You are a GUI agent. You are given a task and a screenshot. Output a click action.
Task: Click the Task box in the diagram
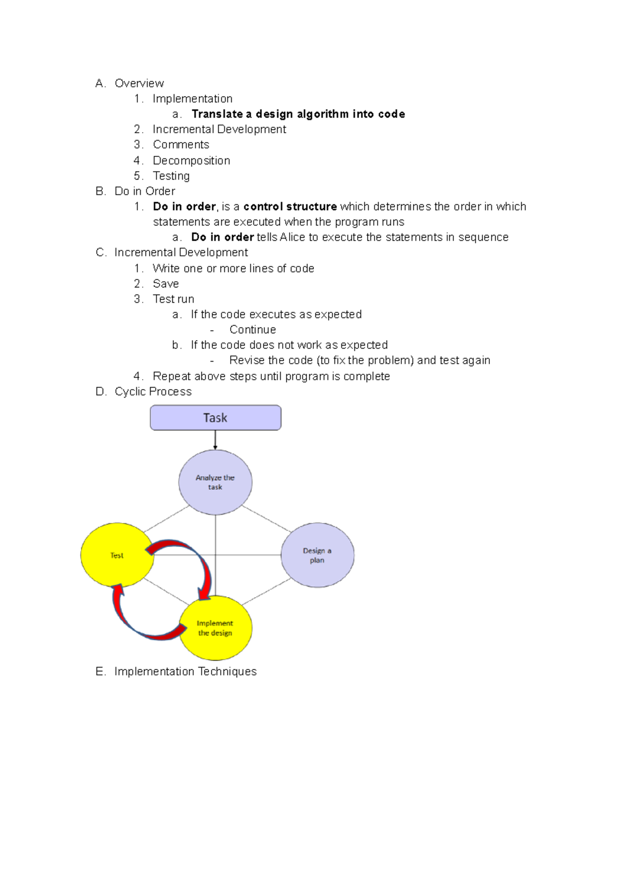point(215,418)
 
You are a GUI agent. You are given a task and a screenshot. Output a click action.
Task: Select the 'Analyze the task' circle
point(215,482)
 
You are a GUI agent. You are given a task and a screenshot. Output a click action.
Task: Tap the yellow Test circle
point(116,555)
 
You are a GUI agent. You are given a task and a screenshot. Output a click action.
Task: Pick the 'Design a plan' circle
point(317,555)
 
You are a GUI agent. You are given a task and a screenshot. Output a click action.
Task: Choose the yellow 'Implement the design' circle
point(215,628)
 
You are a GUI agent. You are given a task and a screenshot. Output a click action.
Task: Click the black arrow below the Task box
point(215,440)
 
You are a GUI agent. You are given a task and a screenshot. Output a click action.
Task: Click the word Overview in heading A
point(139,83)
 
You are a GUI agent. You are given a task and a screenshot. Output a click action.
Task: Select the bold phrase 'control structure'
point(290,206)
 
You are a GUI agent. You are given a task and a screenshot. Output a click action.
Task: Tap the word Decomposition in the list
point(191,161)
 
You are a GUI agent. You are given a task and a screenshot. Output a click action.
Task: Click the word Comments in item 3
point(181,145)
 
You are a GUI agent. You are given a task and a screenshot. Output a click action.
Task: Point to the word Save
point(165,284)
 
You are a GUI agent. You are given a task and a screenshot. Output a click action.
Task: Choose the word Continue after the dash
point(252,330)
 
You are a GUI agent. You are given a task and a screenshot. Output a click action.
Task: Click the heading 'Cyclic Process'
point(153,392)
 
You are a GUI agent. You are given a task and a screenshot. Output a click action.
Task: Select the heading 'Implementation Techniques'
point(185,671)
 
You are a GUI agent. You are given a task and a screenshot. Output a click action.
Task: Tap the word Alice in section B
point(292,237)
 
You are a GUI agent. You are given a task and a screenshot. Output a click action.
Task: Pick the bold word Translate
point(217,114)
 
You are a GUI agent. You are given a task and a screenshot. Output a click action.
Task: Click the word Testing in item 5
point(171,176)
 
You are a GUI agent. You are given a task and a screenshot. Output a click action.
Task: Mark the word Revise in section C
point(246,361)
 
